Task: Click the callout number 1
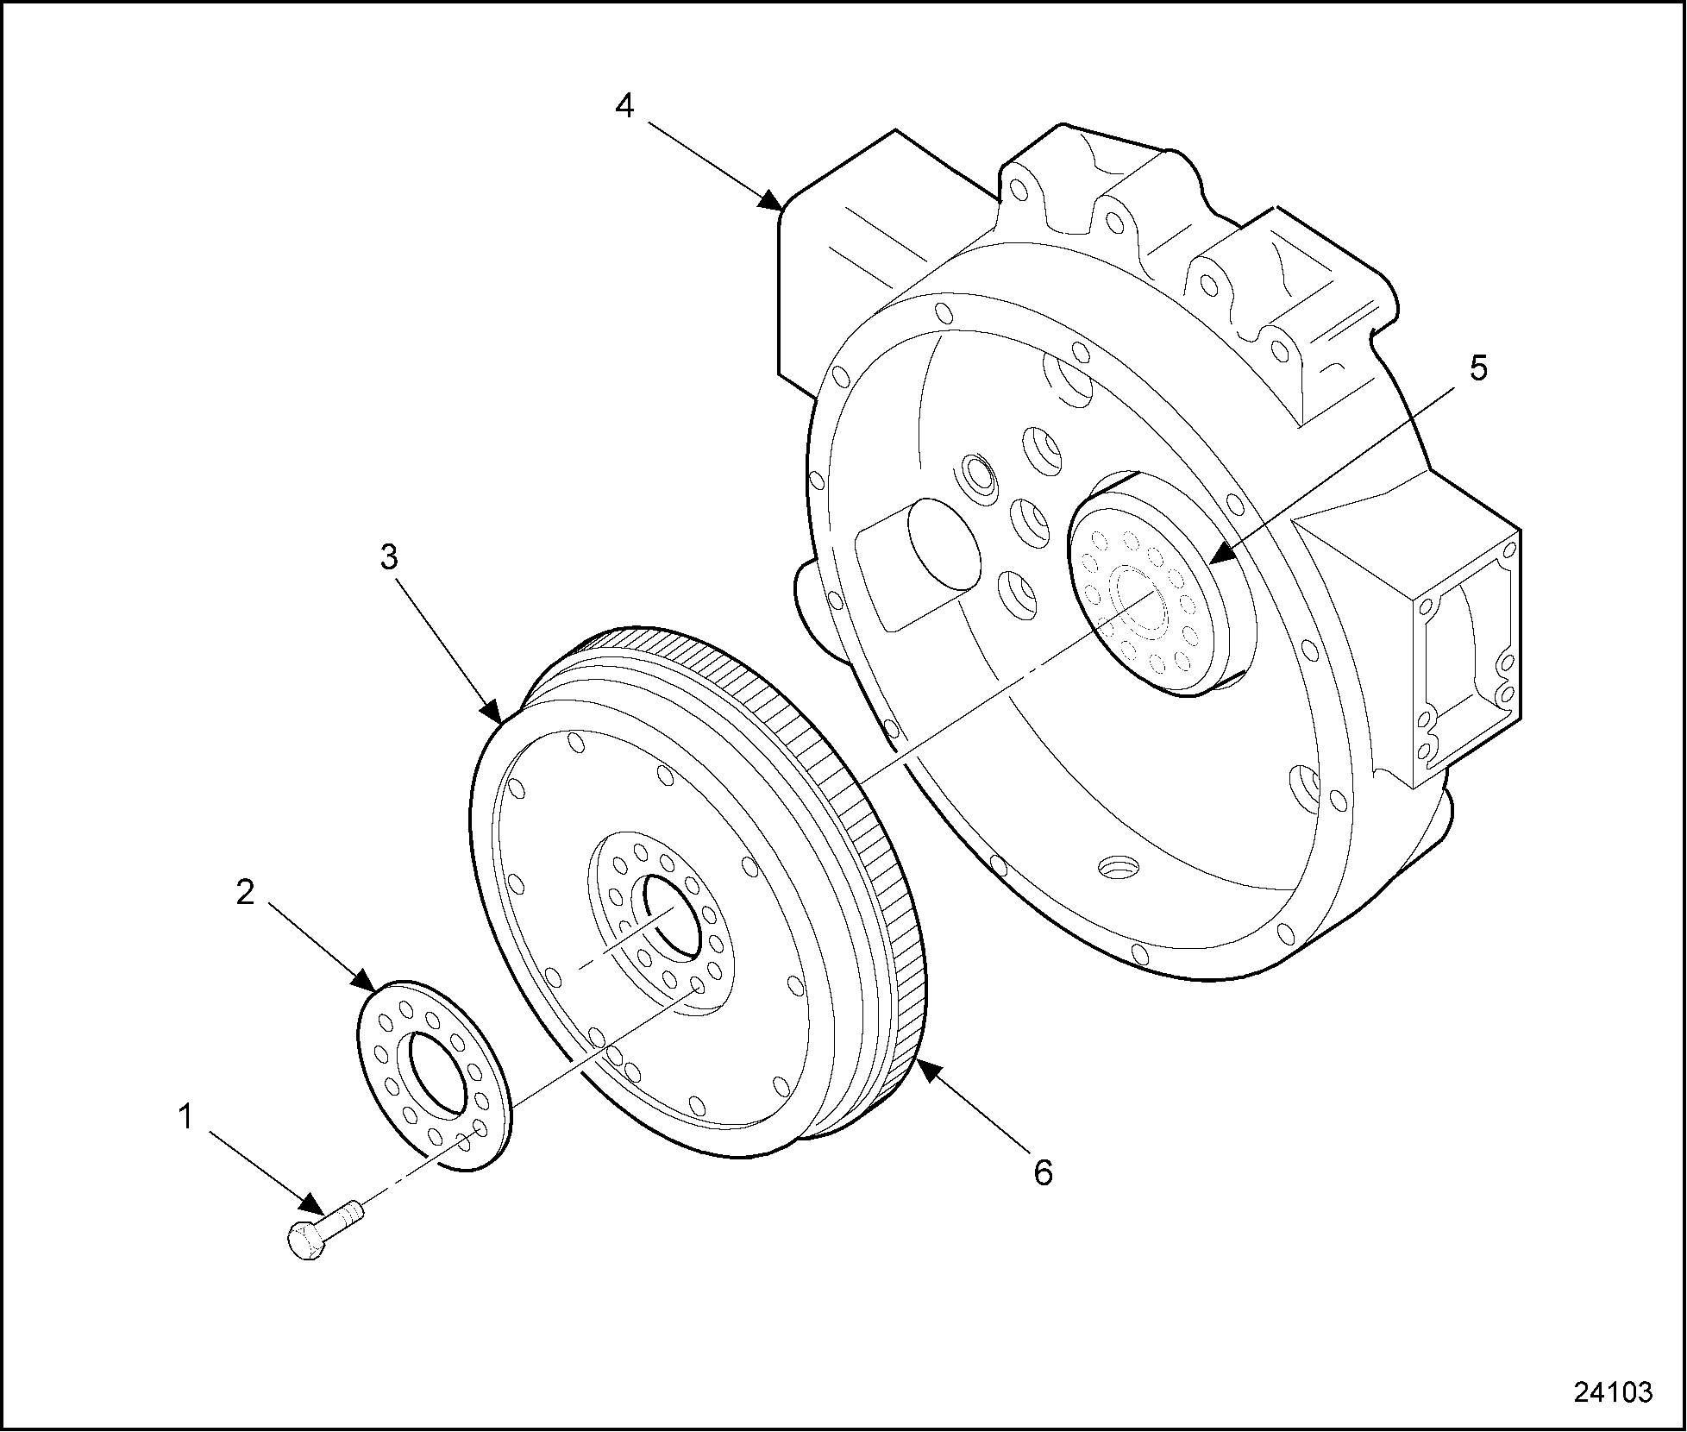185,1118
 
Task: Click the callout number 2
246,893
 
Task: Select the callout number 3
390,558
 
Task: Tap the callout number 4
624,106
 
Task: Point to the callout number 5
1478,368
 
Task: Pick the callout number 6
1044,1173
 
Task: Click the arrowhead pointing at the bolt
312,1206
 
